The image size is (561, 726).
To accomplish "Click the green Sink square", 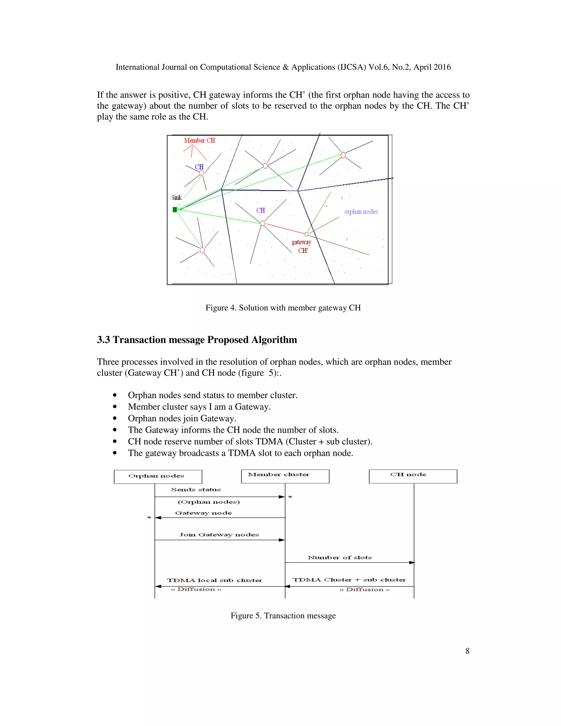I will coord(175,209).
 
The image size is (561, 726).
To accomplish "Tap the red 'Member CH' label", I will coord(199,140).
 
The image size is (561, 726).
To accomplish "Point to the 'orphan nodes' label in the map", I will coord(361,212).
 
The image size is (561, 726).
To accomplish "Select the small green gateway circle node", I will coord(307,234).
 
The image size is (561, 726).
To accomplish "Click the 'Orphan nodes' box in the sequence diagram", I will coord(158,476).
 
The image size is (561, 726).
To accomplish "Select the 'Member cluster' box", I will coord(285,476).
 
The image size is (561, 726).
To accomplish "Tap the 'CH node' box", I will coord(413,476).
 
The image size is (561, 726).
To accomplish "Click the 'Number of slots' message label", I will coord(340,558).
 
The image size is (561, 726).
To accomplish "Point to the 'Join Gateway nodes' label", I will coord(219,535).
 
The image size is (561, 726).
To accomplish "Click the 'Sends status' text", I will coord(196,489).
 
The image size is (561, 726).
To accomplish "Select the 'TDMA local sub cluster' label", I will coord(214,580).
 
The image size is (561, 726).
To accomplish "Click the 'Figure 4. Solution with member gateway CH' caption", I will coord(283,308).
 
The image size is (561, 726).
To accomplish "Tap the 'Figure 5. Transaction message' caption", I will coord(283,616).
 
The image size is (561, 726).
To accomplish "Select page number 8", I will coord(467,651).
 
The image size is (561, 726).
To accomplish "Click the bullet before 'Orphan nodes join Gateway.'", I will coord(115,419).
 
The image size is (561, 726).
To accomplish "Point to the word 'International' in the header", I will coord(137,67).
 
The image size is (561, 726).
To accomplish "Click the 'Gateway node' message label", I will coord(204,513).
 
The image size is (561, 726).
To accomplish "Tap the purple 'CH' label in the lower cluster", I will coord(261,210).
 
